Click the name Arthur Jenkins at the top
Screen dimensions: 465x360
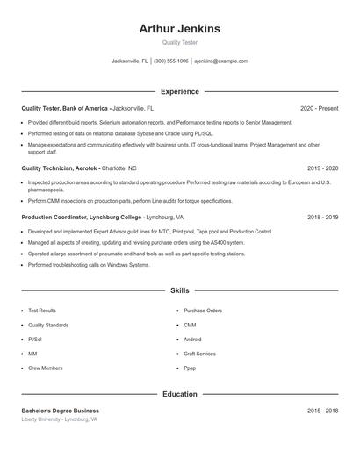click(x=179, y=29)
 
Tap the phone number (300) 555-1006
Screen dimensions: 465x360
click(x=171, y=61)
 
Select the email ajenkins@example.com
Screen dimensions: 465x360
click(x=221, y=61)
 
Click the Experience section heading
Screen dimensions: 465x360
click(x=179, y=91)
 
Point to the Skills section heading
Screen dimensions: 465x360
click(x=179, y=290)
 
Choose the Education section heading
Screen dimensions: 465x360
click(x=179, y=394)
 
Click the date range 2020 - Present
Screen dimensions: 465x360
click(x=319, y=109)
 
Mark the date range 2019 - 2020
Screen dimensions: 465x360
click(x=322, y=168)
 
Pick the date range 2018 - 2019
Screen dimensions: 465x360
click(x=322, y=217)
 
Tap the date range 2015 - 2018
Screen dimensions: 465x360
click(x=322, y=411)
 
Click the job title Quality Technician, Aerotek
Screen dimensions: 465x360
click(x=59, y=168)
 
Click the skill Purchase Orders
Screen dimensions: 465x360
click(x=203, y=311)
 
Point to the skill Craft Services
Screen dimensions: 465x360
click(x=199, y=354)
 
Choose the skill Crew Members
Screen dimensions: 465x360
click(x=45, y=368)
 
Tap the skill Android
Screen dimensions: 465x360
click(x=192, y=340)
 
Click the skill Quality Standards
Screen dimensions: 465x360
click(x=48, y=325)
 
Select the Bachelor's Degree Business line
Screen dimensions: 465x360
click(x=60, y=411)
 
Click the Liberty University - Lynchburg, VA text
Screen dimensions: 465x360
click(x=59, y=420)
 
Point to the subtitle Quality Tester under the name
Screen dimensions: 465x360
click(x=179, y=42)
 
